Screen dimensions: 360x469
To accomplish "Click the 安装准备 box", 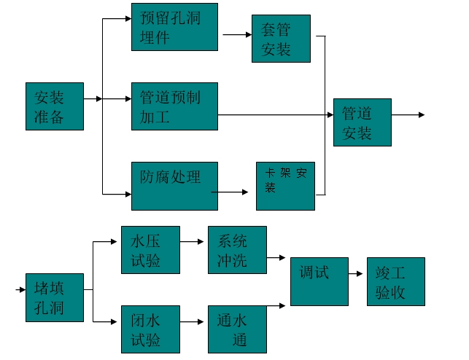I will [x=54, y=106].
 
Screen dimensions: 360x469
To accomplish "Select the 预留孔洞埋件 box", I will [x=174, y=27].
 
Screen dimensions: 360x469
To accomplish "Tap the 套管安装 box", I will [x=281, y=39].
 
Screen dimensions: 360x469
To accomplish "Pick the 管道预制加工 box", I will [x=174, y=106].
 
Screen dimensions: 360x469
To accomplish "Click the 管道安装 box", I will [x=363, y=122].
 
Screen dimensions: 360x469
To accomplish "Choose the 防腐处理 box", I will [x=174, y=186].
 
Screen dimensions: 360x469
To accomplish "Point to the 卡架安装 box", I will [x=285, y=186].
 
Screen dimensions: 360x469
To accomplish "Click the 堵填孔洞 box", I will [x=54, y=297].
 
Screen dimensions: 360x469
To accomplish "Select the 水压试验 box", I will [x=150, y=250].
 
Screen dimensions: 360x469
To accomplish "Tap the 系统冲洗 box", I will [x=237, y=250].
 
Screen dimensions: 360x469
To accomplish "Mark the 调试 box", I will [x=319, y=281].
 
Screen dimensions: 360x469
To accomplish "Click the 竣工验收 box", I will [x=395, y=281].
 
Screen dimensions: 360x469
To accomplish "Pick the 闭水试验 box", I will [x=150, y=329].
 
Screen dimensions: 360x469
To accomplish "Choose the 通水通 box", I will [x=237, y=329].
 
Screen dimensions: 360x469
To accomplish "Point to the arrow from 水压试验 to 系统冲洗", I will [x=193, y=240].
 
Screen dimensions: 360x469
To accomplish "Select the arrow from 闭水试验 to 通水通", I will [x=193, y=321].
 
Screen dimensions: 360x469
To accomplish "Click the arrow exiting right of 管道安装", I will [x=408, y=115].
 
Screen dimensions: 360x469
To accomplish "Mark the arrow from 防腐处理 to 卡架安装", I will [x=232, y=192].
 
